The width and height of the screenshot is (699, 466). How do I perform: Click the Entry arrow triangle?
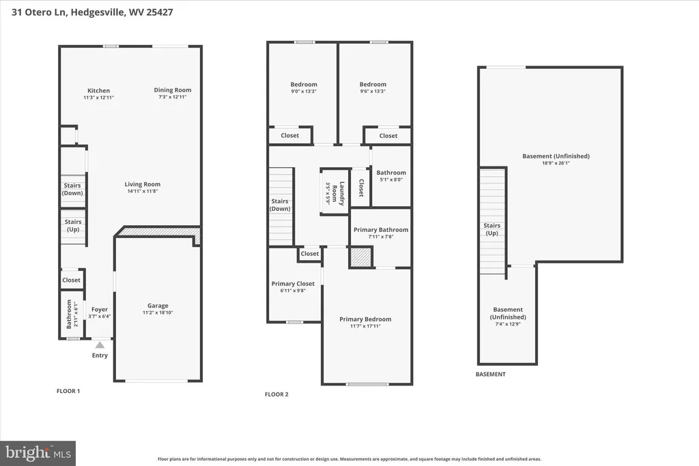click(100, 345)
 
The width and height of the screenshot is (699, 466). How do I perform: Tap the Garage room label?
click(158, 306)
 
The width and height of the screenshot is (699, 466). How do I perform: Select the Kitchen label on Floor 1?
click(98, 91)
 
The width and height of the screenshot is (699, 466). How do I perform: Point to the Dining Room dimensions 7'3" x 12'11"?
click(173, 97)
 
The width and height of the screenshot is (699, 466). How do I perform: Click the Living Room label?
click(142, 184)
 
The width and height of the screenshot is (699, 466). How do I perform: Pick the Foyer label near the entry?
click(100, 309)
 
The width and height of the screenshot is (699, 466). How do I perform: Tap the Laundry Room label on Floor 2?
click(339, 193)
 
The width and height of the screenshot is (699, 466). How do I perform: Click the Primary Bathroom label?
click(381, 229)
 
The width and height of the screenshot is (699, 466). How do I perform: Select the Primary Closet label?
click(293, 283)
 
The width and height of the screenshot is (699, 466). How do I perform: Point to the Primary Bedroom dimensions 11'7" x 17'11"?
click(365, 326)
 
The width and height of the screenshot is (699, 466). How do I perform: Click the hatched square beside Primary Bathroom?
click(360, 257)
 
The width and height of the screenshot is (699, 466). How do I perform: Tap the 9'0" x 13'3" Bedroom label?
click(304, 84)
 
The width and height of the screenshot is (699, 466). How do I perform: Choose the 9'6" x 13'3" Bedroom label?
click(373, 84)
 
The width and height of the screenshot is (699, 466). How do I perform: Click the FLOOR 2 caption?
click(276, 394)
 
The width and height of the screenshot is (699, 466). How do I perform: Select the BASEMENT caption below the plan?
click(490, 374)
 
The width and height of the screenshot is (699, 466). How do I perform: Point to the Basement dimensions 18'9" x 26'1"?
click(556, 163)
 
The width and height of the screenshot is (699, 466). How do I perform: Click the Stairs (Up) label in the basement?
click(491, 229)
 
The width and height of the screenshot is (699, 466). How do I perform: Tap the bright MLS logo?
click(38, 454)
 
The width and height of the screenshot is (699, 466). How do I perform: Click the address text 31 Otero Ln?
click(39, 12)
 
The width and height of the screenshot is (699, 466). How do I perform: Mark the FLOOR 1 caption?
click(68, 391)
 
